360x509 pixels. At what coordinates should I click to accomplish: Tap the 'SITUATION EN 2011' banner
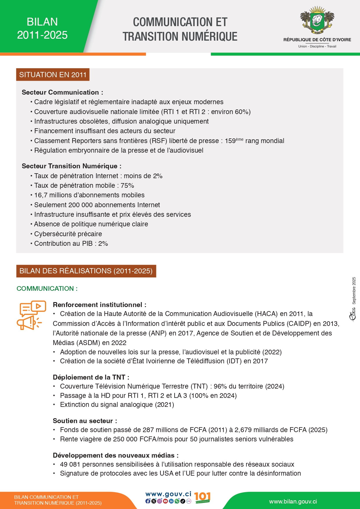(x=53, y=75)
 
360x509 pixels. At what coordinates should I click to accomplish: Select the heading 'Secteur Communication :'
(x=62, y=92)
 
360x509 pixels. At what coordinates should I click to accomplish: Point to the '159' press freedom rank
(x=230, y=141)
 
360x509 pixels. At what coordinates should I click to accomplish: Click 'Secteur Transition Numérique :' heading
(x=71, y=166)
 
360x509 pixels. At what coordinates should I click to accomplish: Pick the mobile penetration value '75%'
(x=127, y=185)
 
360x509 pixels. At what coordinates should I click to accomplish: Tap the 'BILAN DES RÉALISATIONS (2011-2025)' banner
(x=86, y=271)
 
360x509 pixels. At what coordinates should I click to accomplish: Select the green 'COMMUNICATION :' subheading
(x=47, y=288)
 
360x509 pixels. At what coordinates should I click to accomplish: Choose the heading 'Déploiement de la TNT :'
(x=91, y=377)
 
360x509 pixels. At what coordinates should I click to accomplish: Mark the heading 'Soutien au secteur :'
(x=85, y=421)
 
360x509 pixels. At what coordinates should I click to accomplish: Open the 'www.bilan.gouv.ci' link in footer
(x=293, y=501)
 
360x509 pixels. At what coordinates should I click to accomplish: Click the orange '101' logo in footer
(x=202, y=497)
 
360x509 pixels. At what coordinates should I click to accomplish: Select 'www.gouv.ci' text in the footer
(x=168, y=494)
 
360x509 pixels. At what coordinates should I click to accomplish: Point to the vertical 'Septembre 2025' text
(x=354, y=290)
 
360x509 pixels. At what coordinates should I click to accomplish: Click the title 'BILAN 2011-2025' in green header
(x=42, y=28)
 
